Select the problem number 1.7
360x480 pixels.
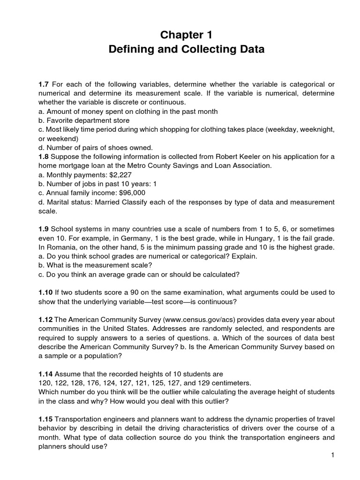click(x=44, y=84)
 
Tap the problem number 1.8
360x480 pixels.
click(x=44, y=157)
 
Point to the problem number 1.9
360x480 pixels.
click(x=44, y=229)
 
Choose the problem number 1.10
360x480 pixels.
click(x=45, y=292)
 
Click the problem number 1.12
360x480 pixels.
click(x=45, y=319)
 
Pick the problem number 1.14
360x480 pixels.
click(x=45, y=374)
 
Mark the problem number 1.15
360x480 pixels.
click(x=45, y=419)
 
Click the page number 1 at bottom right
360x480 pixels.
click(x=331, y=455)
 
